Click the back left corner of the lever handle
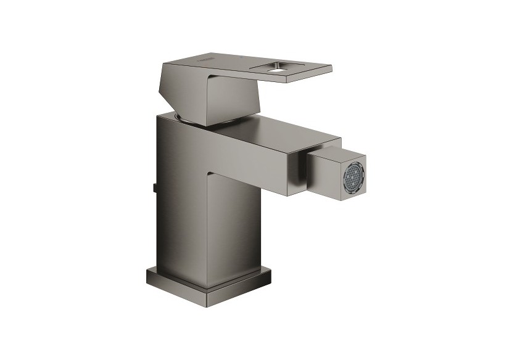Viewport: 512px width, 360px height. [x=162, y=62]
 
